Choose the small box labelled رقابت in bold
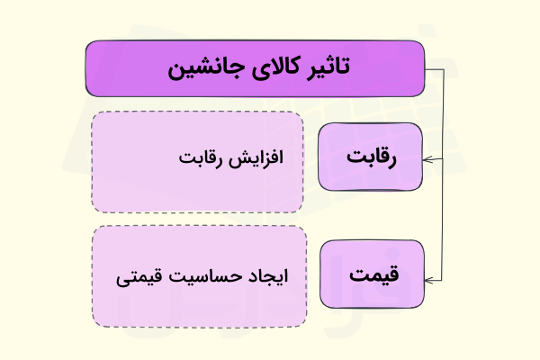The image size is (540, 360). [371, 157]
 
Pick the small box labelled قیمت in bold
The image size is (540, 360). [371, 274]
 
